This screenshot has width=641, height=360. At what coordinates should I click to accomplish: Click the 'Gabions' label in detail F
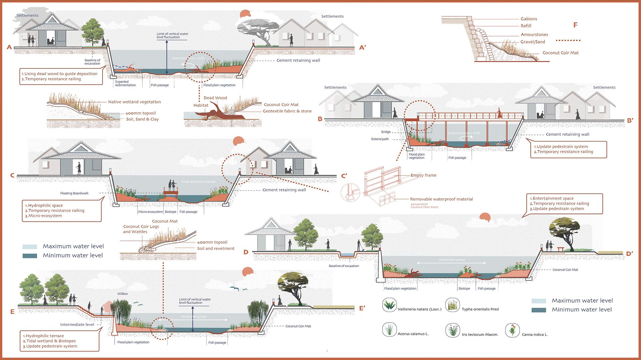tap(528, 19)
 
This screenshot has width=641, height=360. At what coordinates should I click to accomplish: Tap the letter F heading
tap(575, 25)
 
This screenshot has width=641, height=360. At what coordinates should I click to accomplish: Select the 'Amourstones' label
tap(534, 34)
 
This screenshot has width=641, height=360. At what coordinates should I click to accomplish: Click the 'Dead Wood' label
tap(215, 98)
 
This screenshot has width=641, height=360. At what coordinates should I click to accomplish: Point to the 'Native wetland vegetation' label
tap(134, 102)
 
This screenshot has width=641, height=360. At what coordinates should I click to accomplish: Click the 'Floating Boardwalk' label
tap(74, 193)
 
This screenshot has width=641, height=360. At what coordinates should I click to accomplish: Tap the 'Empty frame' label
tap(423, 175)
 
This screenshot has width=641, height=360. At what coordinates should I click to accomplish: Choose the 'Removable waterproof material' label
tap(441, 199)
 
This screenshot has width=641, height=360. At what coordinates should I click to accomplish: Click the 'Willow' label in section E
tap(123, 294)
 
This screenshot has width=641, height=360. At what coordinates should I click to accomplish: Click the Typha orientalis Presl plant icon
tap(452, 305)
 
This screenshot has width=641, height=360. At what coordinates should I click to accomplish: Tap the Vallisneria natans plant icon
tap(389, 305)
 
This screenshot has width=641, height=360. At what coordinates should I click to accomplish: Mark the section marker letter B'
tap(630, 121)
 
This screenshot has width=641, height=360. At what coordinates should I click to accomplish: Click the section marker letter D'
tap(629, 254)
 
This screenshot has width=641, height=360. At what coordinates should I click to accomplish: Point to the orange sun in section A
tap(245, 14)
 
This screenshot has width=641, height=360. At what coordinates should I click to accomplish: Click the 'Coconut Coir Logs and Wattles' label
tap(141, 229)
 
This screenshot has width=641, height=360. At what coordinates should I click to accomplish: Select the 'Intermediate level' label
tap(77, 325)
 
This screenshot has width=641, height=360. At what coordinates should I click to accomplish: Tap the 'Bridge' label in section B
tap(386, 132)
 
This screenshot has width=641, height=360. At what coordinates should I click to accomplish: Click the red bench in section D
tap(561, 249)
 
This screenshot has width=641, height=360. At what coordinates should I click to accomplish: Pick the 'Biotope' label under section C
tap(170, 212)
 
